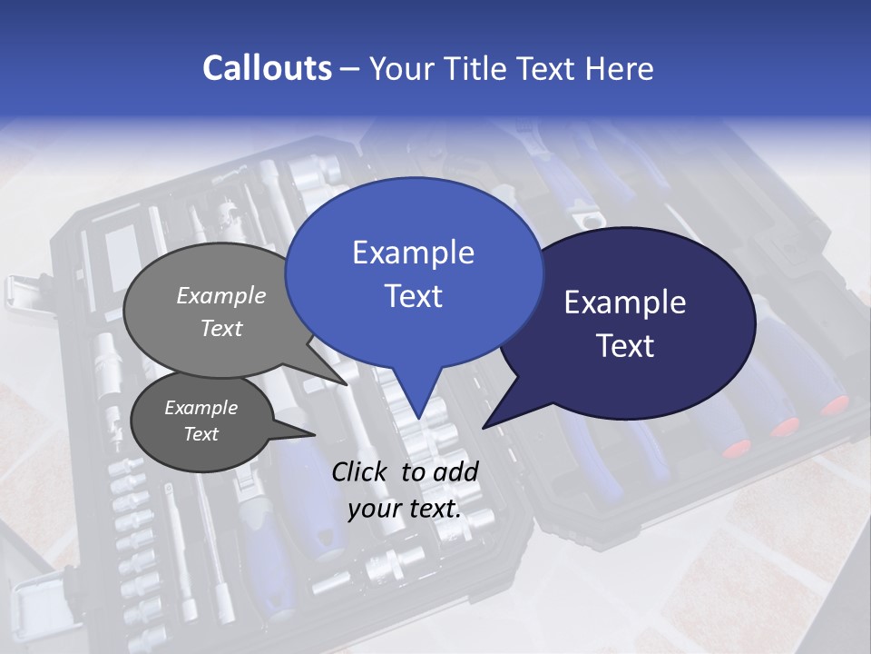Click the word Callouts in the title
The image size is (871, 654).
click(267, 68)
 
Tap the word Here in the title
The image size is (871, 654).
click(618, 68)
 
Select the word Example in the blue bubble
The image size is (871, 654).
click(413, 253)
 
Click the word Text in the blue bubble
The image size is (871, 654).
click(413, 296)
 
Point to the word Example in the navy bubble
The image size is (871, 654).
click(625, 302)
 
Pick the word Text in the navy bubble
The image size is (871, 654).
click(625, 346)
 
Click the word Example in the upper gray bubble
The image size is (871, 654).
click(220, 295)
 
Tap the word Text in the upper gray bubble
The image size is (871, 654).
click(220, 328)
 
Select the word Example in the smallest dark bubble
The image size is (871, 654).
click(201, 408)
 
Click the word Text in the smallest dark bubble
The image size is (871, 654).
click(201, 434)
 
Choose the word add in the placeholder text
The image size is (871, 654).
click(455, 471)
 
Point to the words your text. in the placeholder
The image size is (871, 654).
click(404, 509)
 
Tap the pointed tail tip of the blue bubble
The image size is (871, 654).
click(418, 419)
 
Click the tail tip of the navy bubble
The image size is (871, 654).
click(484, 427)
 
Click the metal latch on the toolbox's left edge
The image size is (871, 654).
click(16, 292)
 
